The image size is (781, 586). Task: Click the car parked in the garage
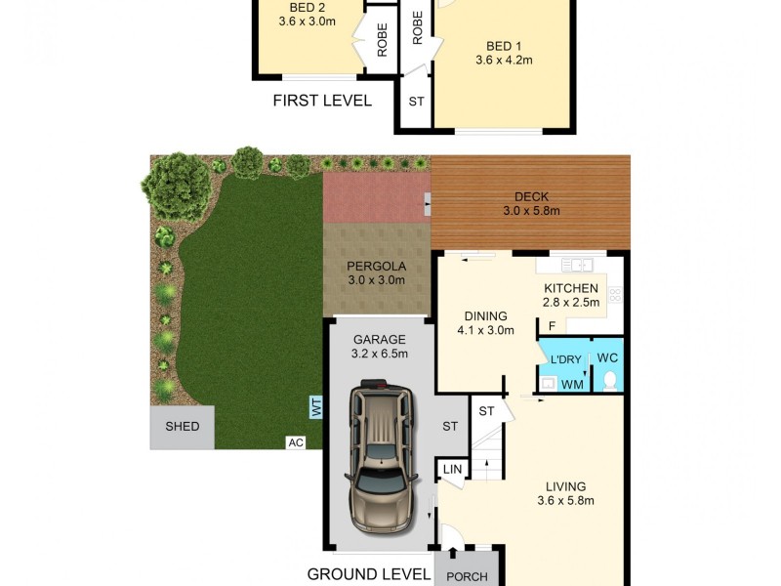tap(379, 459)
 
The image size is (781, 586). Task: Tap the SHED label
tap(183, 427)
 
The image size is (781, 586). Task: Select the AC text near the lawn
tap(296, 442)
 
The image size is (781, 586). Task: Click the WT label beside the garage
tap(316, 406)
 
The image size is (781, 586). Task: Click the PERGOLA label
tap(376, 267)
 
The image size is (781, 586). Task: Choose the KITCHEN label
tap(570, 288)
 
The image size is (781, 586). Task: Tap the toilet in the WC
tap(611, 380)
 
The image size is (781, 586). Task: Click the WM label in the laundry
tap(573, 384)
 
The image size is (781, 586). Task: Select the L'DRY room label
tap(566, 360)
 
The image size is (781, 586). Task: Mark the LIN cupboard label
tap(451, 471)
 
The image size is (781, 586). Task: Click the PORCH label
tap(468, 576)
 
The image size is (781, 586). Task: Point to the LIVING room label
tap(566, 486)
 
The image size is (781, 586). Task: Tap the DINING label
tap(485, 315)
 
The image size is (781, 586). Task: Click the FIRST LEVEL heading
tap(322, 100)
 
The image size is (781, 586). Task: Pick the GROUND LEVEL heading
tap(369, 574)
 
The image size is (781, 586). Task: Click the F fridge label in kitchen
tap(552, 326)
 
